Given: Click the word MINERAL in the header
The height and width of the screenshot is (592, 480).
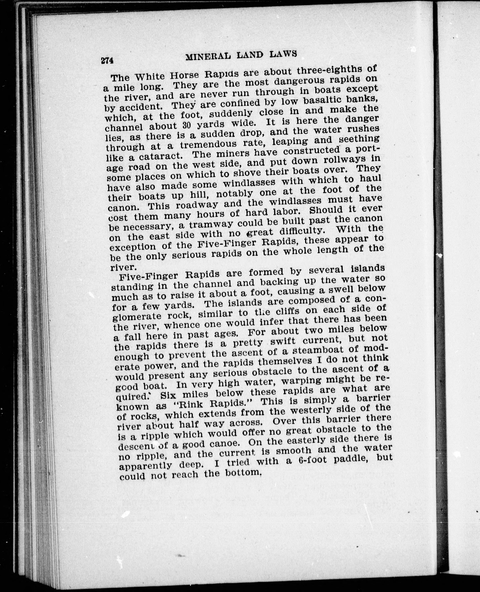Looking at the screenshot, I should coord(208,57).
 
